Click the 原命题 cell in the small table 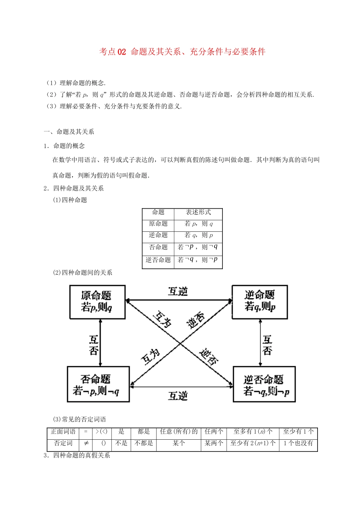pos(158,224)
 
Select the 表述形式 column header pos(198,212)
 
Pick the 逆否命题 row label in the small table pos(158,260)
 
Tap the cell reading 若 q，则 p pos(198,235)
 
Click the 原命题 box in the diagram pos(97,302)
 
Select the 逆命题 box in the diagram pos(260,302)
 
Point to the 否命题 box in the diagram pos(98,384)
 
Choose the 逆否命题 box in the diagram pos(264,384)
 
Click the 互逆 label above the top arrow pos(178,292)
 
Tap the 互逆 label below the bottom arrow pos(178,396)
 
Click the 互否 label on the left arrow pos(94,345)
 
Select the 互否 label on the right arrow pos(267,345)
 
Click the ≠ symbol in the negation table pos(86,443)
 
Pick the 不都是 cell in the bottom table pos(144,443)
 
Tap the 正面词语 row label pos(63,432)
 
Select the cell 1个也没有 pos(298,443)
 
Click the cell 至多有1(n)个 pos(253,432)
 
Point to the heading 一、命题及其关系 pos(69,132)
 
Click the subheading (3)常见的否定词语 pos(80,419)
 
